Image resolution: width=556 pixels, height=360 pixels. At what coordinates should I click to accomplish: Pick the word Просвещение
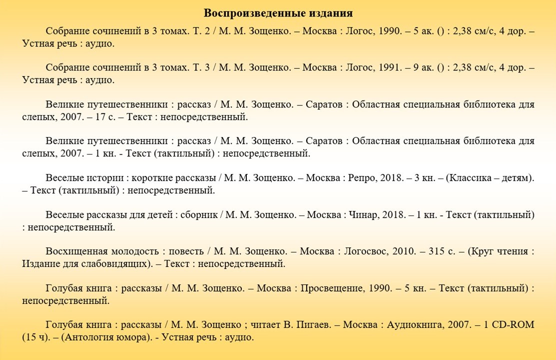coord(333,288)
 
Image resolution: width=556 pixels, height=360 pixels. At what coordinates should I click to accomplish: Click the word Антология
coord(85,337)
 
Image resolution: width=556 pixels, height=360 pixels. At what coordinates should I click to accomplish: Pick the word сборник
coord(198,215)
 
